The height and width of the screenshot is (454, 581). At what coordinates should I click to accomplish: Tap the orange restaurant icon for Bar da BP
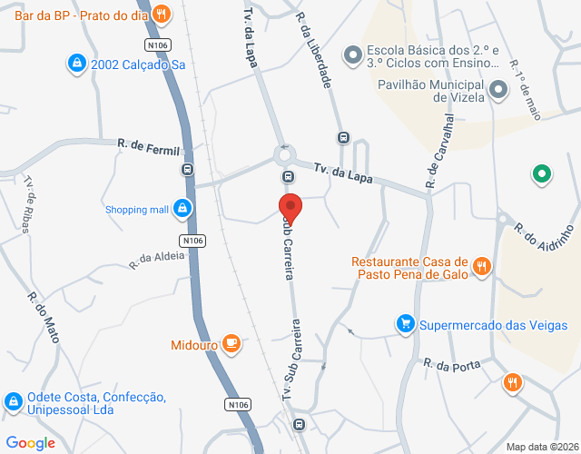(161, 14)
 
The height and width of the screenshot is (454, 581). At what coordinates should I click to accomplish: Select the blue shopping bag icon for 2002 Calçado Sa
(77, 64)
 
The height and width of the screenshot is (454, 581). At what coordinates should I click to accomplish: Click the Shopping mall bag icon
(183, 209)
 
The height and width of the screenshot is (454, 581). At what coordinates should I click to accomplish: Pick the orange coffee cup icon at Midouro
(231, 343)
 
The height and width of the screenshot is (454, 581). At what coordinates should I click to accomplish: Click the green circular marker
(542, 173)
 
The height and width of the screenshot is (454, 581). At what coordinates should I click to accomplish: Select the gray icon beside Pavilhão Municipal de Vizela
(497, 90)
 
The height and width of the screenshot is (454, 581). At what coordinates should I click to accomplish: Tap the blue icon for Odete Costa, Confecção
(13, 400)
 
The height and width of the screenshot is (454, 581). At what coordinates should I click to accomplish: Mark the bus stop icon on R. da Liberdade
(343, 138)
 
